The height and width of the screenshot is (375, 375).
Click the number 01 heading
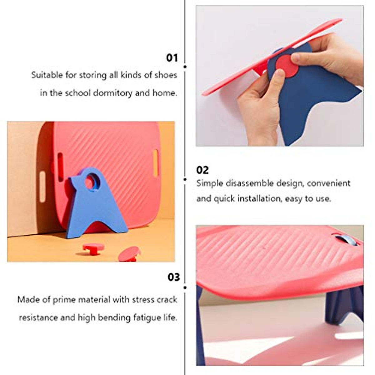172,58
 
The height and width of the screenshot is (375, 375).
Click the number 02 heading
202,170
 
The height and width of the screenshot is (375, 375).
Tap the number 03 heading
174,277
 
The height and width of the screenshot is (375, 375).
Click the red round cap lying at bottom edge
129,254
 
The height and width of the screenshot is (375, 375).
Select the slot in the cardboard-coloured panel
42,187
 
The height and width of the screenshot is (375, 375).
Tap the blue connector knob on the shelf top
346,240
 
